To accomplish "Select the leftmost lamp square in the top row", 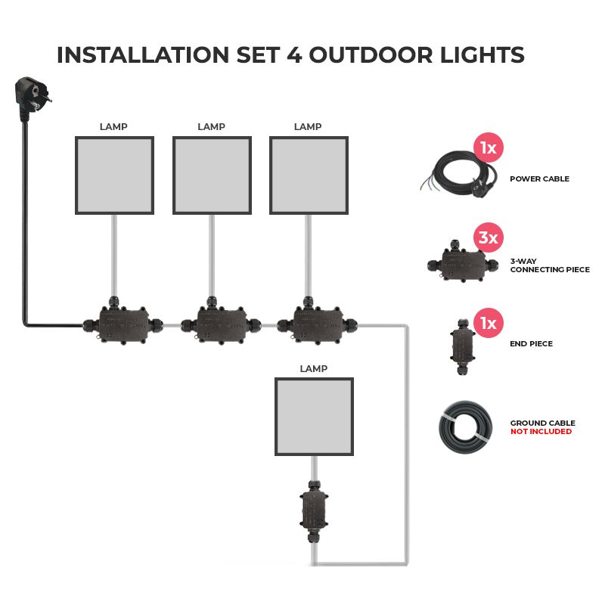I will click(x=114, y=175).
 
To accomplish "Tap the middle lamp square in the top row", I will click(x=211, y=175).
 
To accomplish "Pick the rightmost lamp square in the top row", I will click(x=308, y=175).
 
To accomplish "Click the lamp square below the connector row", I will click(x=314, y=417).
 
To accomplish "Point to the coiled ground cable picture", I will click(x=462, y=427).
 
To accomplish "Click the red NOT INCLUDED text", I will click(x=541, y=432).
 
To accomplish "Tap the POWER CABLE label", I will click(x=539, y=179).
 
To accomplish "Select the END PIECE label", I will click(x=531, y=344).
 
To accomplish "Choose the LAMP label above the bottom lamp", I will click(x=313, y=369).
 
